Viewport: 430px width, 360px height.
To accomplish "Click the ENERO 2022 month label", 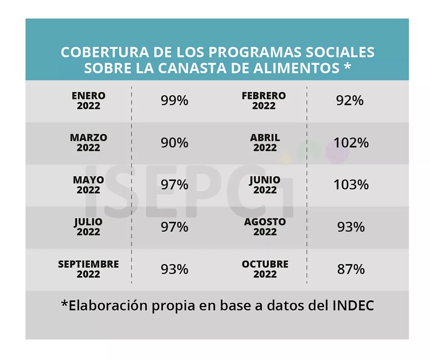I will pyautogui.click(x=88, y=101).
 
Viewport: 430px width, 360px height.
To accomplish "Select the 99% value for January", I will pyautogui.click(x=174, y=101).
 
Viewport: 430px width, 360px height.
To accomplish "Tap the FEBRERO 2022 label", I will pyautogui.click(x=264, y=101).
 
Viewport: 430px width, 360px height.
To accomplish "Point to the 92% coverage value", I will pyautogui.click(x=350, y=101).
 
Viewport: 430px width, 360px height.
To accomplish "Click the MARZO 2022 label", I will pyautogui.click(x=88, y=143).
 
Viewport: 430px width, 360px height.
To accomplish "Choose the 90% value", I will pyautogui.click(x=174, y=143).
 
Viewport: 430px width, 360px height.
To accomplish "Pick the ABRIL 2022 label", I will pyautogui.click(x=265, y=143).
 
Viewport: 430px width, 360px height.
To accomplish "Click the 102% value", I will pyautogui.click(x=351, y=143).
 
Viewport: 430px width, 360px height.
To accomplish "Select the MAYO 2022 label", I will pyautogui.click(x=88, y=185).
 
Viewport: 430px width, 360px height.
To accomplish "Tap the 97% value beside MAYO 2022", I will pyautogui.click(x=174, y=185).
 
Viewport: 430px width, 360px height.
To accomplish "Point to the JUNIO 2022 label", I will pyautogui.click(x=265, y=185).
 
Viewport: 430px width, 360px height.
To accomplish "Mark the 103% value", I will pyautogui.click(x=351, y=185).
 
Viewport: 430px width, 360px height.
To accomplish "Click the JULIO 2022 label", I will pyautogui.click(x=88, y=227).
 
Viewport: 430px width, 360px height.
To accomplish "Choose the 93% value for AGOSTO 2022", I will pyautogui.click(x=351, y=227).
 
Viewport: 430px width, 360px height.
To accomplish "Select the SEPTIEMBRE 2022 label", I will pyautogui.click(x=88, y=269).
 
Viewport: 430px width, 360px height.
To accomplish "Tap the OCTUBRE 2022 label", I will pyautogui.click(x=265, y=269).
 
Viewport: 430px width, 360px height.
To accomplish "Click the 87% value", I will pyautogui.click(x=351, y=269).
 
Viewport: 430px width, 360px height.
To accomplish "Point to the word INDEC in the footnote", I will pyautogui.click(x=353, y=305).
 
